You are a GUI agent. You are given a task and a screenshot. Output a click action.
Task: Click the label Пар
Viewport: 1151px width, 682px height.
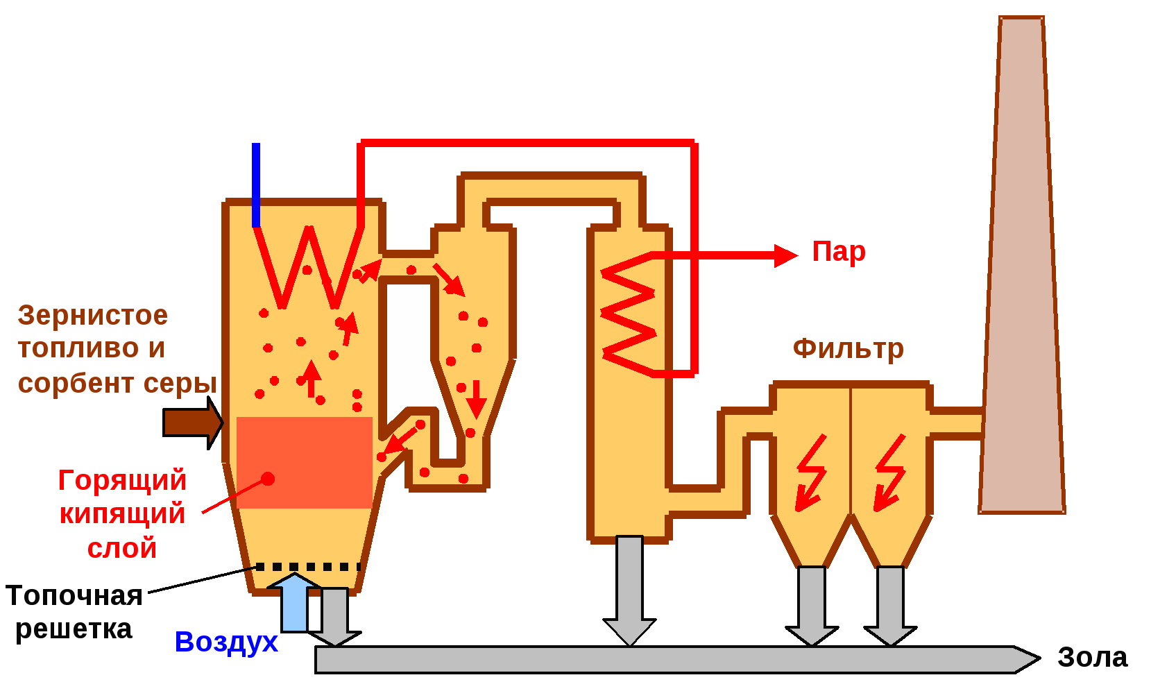tap(839, 252)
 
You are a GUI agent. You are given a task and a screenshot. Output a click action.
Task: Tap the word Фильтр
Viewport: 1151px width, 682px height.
tap(848, 348)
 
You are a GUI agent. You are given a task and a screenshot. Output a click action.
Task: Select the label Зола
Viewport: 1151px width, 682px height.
tap(1092, 657)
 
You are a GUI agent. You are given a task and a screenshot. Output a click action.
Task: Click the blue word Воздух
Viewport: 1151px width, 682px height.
tap(226, 642)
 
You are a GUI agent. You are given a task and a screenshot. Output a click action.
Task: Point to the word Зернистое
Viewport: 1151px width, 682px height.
tap(93, 316)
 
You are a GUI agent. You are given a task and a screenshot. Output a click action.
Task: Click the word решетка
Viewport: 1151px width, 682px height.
tap(74, 629)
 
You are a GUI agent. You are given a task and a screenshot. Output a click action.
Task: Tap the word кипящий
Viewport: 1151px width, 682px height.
tap(122, 514)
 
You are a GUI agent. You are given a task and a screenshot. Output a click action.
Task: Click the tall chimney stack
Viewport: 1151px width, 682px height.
tap(1021, 278)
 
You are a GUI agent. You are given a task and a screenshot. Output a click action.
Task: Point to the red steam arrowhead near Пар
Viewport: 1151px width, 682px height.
tap(786, 255)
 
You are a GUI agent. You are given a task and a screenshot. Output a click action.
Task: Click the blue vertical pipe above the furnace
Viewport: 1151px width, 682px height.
tap(256, 185)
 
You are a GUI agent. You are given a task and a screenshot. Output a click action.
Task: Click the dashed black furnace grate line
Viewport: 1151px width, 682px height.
tap(308, 567)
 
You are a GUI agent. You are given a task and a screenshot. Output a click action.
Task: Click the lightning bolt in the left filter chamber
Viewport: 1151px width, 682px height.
tap(810, 472)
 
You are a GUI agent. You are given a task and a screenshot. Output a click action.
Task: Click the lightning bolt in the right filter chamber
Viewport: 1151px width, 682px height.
tap(889, 472)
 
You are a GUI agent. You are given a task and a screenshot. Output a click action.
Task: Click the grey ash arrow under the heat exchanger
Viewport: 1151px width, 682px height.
tap(629, 590)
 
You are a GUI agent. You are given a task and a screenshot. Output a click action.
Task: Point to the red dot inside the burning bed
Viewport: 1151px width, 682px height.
tap(268, 479)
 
